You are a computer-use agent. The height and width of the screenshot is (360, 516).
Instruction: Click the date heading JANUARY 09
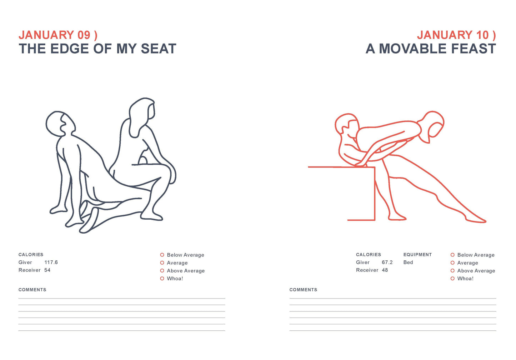pyautogui.click(x=58, y=35)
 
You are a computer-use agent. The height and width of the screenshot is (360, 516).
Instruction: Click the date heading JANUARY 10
pyautogui.click(x=456, y=35)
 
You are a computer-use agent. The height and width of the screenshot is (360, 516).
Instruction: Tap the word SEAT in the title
pyautogui.click(x=159, y=49)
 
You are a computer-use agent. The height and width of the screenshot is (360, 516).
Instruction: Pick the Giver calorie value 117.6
pyautogui.click(x=51, y=262)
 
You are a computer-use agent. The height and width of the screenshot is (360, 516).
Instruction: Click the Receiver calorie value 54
pyautogui.click(x=47, y=270)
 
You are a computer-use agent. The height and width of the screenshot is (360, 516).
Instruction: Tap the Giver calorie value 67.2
pyautogui.click(x=387, y=262)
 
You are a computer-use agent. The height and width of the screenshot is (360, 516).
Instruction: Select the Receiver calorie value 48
pyautogui.click(x=385, y=270)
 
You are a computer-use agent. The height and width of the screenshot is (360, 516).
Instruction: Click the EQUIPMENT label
pyautogui.click(x=417, y=255)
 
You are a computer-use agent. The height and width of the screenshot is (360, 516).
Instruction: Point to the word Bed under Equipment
pyautogui.click(x=408, y=262)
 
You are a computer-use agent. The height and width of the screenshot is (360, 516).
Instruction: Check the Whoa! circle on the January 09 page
pyautogui.click(x=162, y=279)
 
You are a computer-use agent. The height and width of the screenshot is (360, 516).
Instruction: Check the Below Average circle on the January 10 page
pyautogui.click(x=452, y=255)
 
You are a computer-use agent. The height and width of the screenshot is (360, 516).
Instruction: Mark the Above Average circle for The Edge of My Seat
pyautogui.click(x=162, y=271)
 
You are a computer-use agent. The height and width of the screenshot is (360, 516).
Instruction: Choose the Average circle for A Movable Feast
pyautogui.click(x=452, y=263)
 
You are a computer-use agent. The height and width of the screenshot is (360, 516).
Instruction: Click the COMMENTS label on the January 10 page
pyautogui.click(x=303, y=290)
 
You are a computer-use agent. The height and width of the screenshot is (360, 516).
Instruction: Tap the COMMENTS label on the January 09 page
pyautogui.click(x=32, y=290)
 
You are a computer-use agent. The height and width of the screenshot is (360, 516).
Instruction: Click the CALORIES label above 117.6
pyautogui.click(x=31, y=255)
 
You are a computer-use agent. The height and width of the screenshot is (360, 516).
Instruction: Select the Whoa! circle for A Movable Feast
pyautogui.click(x=452, y=279)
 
